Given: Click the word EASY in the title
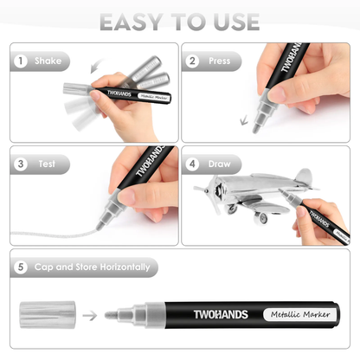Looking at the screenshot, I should pos(129,20).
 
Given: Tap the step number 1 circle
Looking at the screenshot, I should pos(20,61).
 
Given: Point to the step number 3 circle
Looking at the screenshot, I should pos(20,163).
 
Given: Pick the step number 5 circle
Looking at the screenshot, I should pos(20,267).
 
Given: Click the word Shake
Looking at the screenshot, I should pos(48,61).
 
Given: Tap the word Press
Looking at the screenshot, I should pos(221,61).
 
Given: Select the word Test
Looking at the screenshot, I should pos(46,163).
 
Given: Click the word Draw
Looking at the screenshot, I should pos(221,163).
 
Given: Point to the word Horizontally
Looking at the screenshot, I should pos(123,267).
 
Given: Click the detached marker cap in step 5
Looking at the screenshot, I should pos(48,312).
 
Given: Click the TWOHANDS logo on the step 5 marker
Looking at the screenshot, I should pos(199,313).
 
